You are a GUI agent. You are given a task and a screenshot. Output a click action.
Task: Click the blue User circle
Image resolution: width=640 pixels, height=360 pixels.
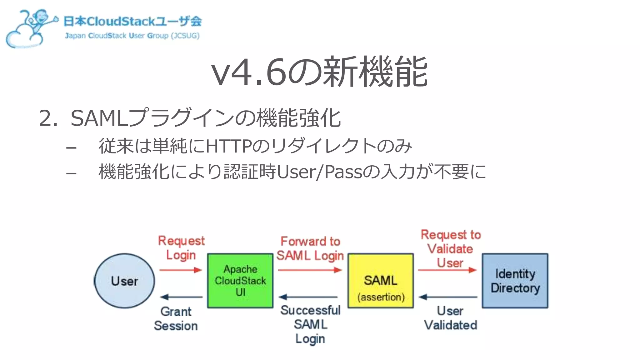coord(124,281)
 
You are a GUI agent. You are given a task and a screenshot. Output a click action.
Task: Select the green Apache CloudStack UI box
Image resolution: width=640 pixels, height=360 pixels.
coord(240,281)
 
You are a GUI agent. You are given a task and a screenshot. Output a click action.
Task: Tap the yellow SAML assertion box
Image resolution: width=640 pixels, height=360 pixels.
coord(381,281)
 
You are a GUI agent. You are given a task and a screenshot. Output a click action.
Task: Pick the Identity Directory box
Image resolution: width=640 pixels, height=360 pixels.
coord(515,281)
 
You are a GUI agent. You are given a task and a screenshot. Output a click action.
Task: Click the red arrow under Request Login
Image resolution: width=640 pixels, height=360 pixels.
coord(181,270)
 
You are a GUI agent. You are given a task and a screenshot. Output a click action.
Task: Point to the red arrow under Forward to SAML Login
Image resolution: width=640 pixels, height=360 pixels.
coord(310,270)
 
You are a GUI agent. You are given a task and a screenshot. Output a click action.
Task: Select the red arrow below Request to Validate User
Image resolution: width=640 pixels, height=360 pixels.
coord(447,270)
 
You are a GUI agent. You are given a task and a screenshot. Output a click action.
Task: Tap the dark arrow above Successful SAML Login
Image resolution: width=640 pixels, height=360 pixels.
coord(308,297)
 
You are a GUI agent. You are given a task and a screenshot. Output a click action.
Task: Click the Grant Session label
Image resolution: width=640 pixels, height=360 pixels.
coord(176,319)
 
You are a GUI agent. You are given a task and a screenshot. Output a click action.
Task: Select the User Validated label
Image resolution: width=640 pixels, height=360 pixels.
coord(450,318)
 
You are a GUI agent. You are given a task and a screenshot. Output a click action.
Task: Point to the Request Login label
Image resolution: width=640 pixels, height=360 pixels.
coord(181,248)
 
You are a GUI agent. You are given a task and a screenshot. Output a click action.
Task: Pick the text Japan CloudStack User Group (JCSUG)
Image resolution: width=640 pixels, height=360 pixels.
coord(132,36)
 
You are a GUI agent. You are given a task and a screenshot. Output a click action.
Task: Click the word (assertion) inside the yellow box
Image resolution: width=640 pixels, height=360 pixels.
coord(381,297)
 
